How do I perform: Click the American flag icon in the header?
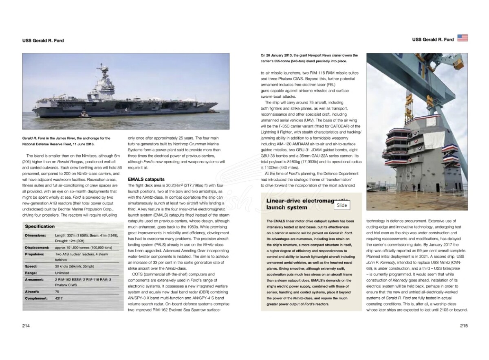tap(463, 38)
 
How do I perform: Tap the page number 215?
tap(464, 326)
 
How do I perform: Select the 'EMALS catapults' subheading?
tap(146, 179)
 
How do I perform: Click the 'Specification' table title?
tap(40, 226)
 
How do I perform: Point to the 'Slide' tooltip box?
tap(342, 205)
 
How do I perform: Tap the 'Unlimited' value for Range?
tap(62, 273)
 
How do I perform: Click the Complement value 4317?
tap(59, 299)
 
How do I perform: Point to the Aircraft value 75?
tap(57, 292)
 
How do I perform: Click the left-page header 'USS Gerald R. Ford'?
tap(43, 41)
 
